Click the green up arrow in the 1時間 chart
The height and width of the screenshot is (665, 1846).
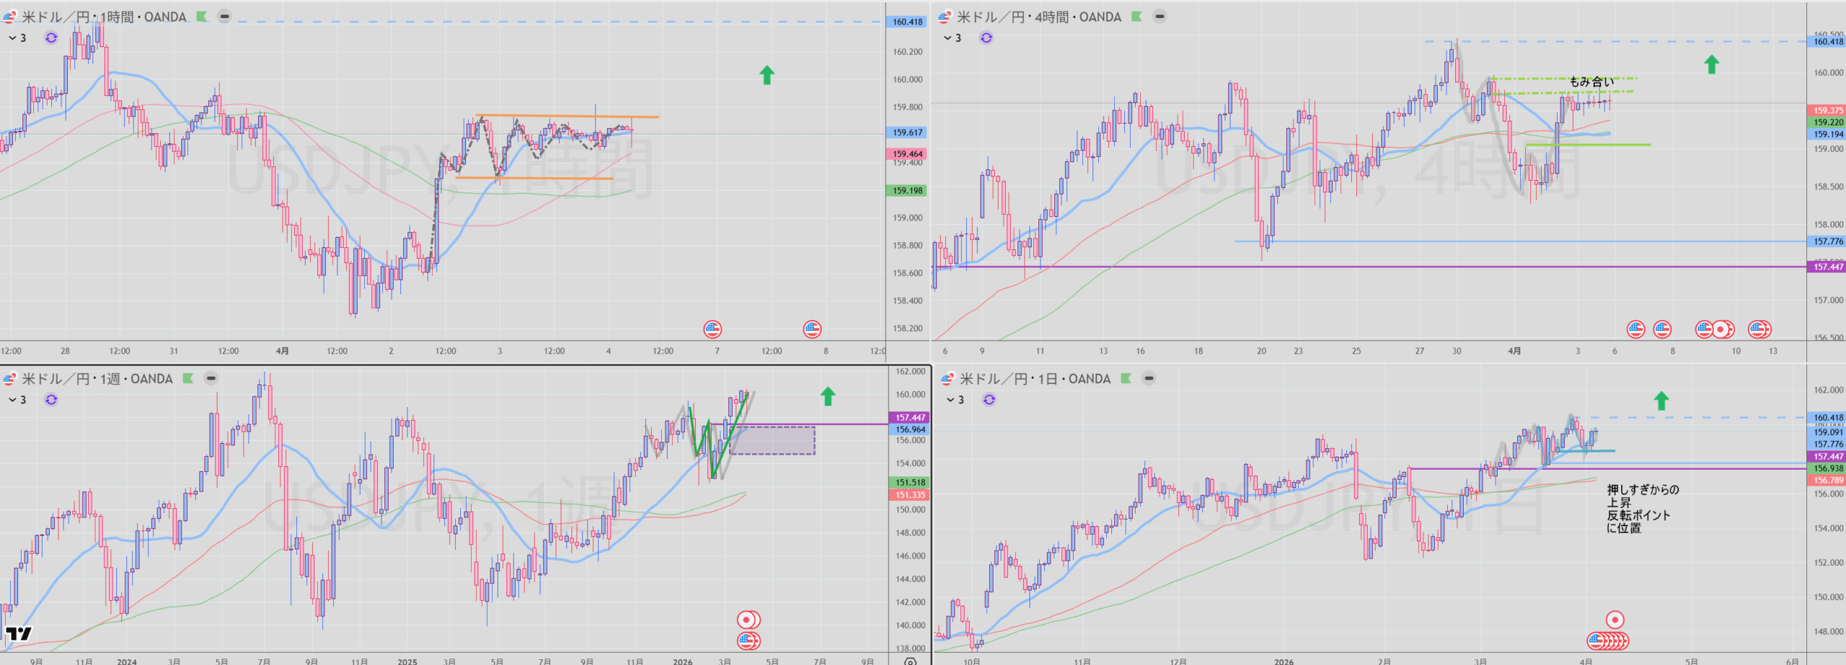point(767,75)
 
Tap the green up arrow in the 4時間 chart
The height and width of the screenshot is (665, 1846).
point(1711,64)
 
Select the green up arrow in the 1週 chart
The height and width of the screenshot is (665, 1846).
point(828,396)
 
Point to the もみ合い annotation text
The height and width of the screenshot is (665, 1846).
point(1591,82)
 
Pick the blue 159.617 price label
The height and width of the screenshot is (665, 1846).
point(907,133)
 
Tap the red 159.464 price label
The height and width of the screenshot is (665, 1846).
point(907,153)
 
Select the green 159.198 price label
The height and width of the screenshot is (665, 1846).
point(907,191)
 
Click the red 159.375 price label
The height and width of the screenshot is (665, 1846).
point(1828,110)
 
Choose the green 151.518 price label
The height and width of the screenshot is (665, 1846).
point(910,483)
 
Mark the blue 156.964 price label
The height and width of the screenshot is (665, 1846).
point(910,429)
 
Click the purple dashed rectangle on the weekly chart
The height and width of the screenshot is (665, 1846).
point(772,440)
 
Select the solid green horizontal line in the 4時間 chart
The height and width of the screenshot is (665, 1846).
point(1587,145)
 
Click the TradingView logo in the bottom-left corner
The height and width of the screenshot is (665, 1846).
point(19,634)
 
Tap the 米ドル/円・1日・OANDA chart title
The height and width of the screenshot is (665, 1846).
point(1035,379)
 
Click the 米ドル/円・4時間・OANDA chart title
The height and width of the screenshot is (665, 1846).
point(1038,17)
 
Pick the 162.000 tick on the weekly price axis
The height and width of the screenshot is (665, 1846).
point(910,372)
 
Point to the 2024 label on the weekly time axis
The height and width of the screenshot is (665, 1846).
point(127,661)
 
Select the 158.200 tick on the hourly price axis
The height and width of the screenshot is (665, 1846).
point(907,329)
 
